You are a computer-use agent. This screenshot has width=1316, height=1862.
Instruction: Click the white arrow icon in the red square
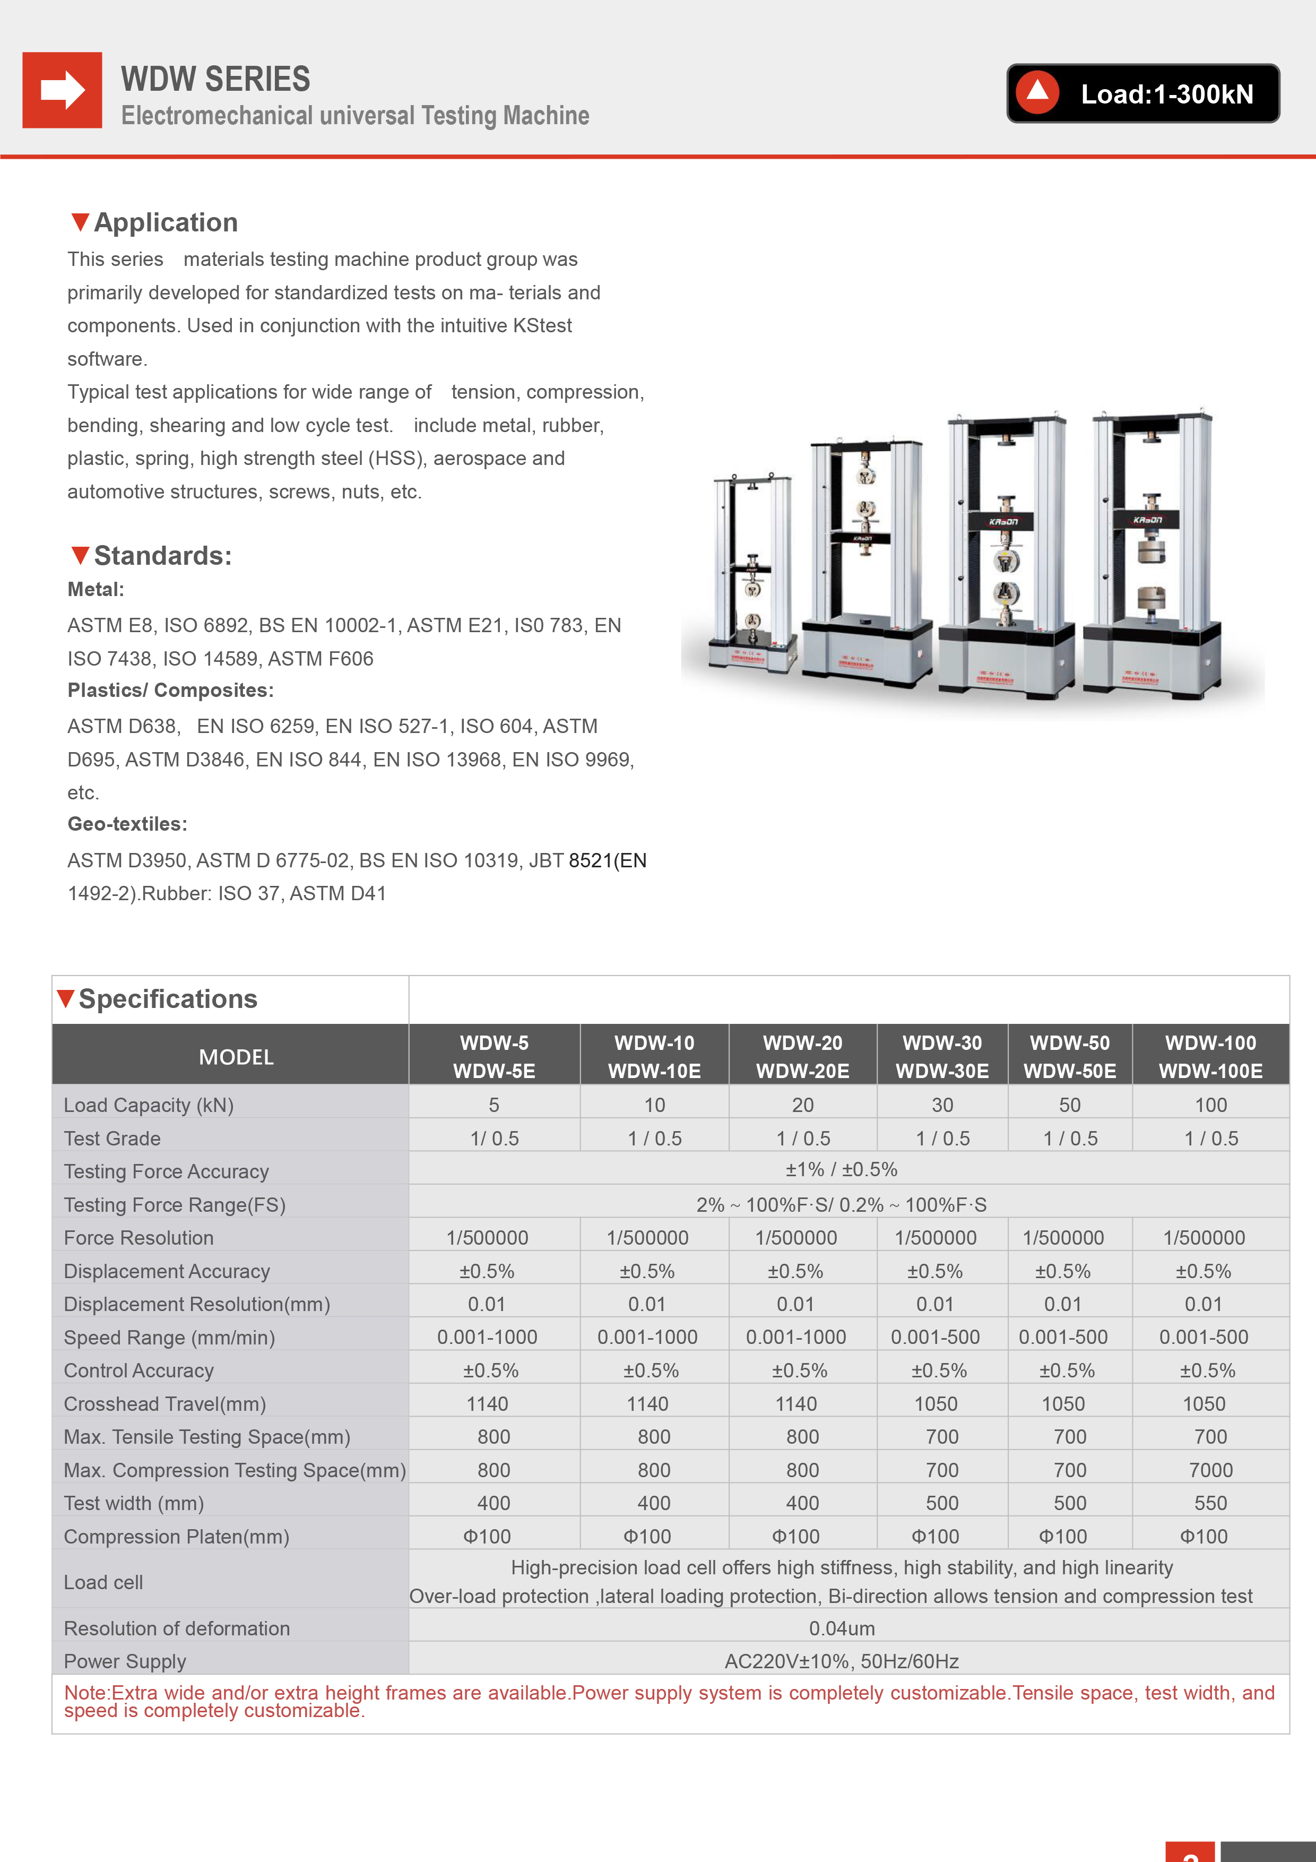63,90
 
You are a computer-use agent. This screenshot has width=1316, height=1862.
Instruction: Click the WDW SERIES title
215,80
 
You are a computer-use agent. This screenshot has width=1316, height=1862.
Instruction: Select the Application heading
166,222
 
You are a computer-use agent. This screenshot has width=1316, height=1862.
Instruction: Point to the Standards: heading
162,556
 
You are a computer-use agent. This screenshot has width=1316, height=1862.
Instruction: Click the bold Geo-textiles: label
127,824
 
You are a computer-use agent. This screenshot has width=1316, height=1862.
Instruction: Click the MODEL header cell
236,1057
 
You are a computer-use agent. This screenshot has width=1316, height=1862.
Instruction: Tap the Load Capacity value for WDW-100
1210,1105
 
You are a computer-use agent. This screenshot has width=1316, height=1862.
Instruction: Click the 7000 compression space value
1210,1470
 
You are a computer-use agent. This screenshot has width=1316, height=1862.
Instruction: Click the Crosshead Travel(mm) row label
164,1404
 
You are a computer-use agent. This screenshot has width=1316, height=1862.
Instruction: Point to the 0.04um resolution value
842,1628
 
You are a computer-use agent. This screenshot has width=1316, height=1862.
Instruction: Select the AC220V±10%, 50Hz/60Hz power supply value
842,1662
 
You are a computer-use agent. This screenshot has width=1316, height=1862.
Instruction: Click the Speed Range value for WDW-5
487,1337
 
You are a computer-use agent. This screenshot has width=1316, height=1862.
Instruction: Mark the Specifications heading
167,999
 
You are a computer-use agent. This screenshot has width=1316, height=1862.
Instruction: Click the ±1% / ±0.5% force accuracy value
842,1169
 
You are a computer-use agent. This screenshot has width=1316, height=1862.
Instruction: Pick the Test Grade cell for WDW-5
494,1139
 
